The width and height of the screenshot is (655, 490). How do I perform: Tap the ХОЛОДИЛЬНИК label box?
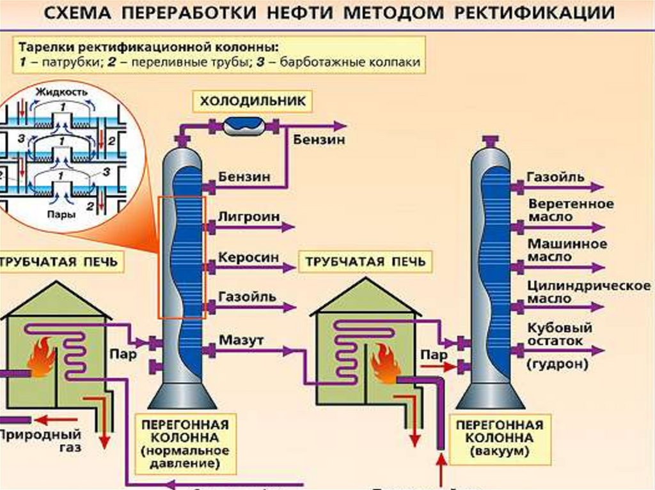[x=253, y=100]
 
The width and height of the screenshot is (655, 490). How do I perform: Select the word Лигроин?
[x=249, y=217]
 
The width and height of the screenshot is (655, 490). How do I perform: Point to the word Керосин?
[x=249, y=257]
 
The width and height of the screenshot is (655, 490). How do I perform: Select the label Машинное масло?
[x=558, y=250]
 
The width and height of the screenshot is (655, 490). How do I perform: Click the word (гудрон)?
[x=557, y=365]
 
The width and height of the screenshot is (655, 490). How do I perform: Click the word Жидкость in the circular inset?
[x=62, y=91]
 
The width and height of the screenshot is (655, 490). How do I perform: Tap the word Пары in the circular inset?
[x=61, y=215]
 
